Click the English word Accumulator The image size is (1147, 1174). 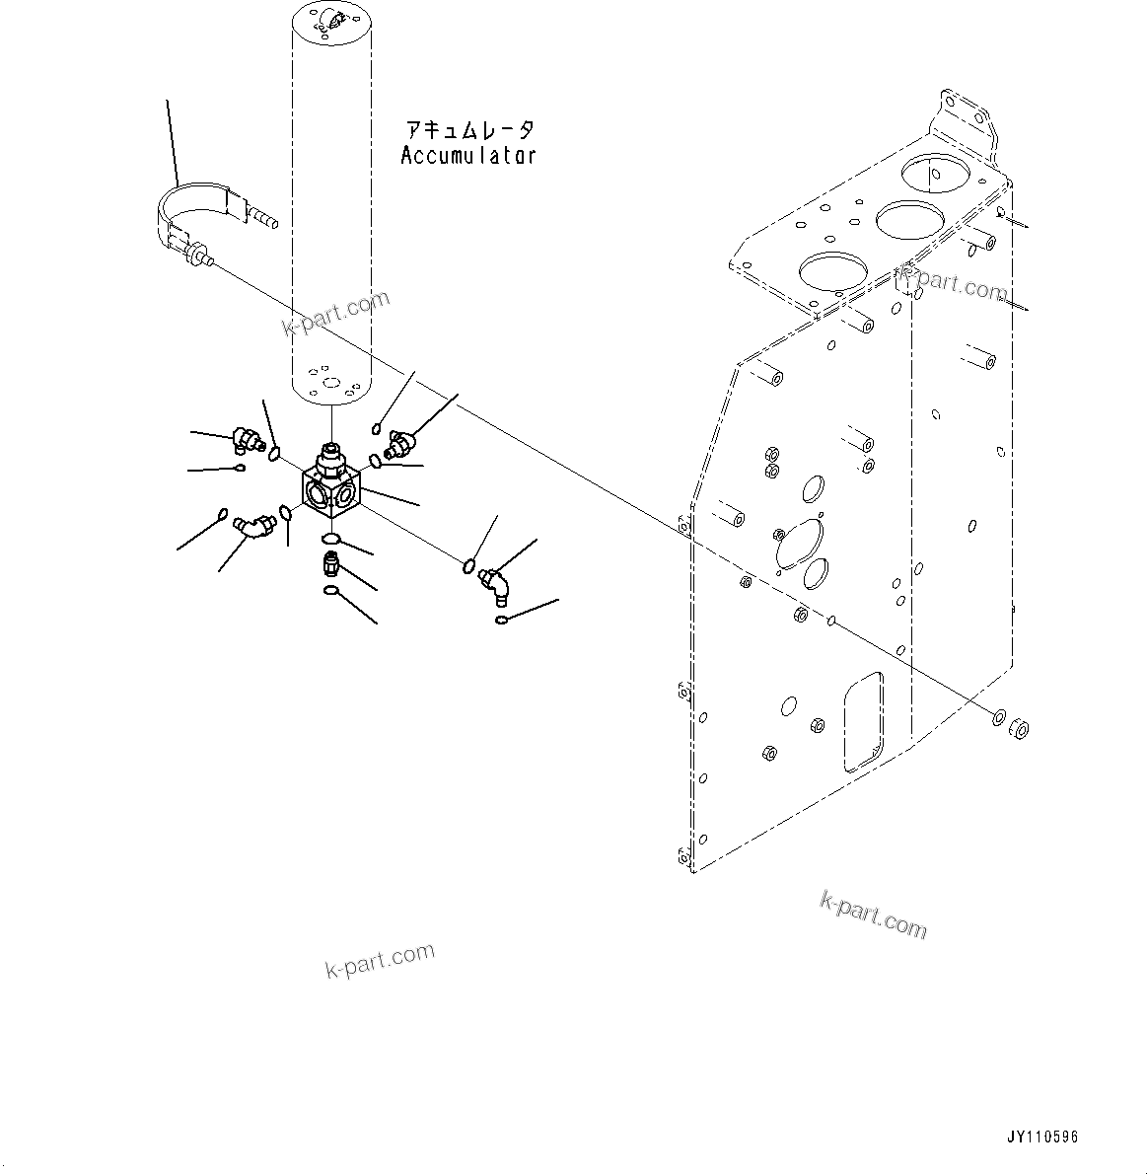pos(468,155)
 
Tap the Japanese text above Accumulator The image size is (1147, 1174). pos(470,130)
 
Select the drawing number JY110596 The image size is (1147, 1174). pos(1042,1137)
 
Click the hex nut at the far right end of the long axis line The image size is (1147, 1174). pos(1020,729)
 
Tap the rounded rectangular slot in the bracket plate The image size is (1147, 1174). pos(862,721)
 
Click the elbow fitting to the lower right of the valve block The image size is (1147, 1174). pos(495,581)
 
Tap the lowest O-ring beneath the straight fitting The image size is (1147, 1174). pos(332,592)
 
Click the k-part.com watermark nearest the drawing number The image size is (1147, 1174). pos(873,915)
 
